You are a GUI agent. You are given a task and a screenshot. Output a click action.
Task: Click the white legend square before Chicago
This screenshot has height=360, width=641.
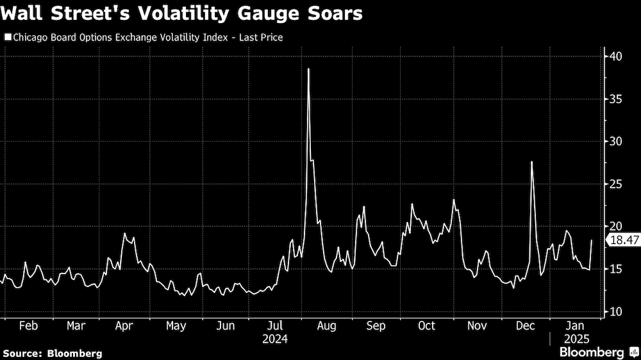pyautogui.click(x=7, y=38)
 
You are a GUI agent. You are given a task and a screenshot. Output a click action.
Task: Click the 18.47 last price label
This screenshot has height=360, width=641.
pyautogui.click(x=624, y=240)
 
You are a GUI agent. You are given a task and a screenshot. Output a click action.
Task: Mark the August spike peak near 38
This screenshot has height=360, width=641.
pyautogui.click(x=308, y=69)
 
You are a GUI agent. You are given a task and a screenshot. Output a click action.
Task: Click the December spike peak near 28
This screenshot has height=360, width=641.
pyautogui.click(x=532, y=162)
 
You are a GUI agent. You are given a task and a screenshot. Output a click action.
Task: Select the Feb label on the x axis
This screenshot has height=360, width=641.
pyautogui.click(x=28, y=325)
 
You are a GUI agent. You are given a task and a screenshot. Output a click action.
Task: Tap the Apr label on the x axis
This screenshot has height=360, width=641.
pyautogui.click(x=124, y=325)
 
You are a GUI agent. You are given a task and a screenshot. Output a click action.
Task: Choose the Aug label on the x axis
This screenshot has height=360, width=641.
pyautogui.click(x=326, y=325)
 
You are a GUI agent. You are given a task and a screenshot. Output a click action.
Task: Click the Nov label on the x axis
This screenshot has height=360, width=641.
pyautogui.click(x=477, y=325)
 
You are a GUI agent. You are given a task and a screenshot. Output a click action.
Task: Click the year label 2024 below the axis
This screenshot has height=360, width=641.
pyautogui.click(x=274, y=338)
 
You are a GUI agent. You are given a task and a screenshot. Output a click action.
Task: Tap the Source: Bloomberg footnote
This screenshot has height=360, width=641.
pyautogui.click(x=53, y=353)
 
